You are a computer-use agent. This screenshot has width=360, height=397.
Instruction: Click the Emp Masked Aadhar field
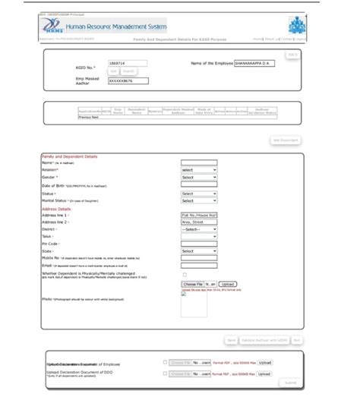(128, 80)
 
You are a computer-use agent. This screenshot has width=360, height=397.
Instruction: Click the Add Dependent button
(286, 140)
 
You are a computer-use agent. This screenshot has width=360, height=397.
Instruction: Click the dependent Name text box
(199, 162)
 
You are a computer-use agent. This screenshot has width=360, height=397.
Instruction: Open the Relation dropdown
(199, 170)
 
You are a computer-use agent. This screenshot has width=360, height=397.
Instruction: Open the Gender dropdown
(199, 177)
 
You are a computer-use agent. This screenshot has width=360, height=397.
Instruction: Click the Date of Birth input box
(199, 184)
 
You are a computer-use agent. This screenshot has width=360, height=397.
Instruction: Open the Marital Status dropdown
(199, 200)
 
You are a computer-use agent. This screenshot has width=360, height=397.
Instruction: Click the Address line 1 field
(199, 215)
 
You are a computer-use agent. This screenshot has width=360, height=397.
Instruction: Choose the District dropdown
(199, 229)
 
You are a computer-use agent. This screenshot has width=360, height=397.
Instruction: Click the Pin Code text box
(199, 243)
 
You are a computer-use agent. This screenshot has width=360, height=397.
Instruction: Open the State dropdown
(199, 250)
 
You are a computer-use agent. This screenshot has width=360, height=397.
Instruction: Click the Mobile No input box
(199, 258)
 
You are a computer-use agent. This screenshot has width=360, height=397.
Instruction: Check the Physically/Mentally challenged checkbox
(185, 275)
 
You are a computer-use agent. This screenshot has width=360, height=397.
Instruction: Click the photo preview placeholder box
(194, 304)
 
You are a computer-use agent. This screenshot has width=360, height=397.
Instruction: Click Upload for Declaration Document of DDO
(264, 373)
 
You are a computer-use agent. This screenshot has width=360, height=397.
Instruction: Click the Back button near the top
(292, 55)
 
